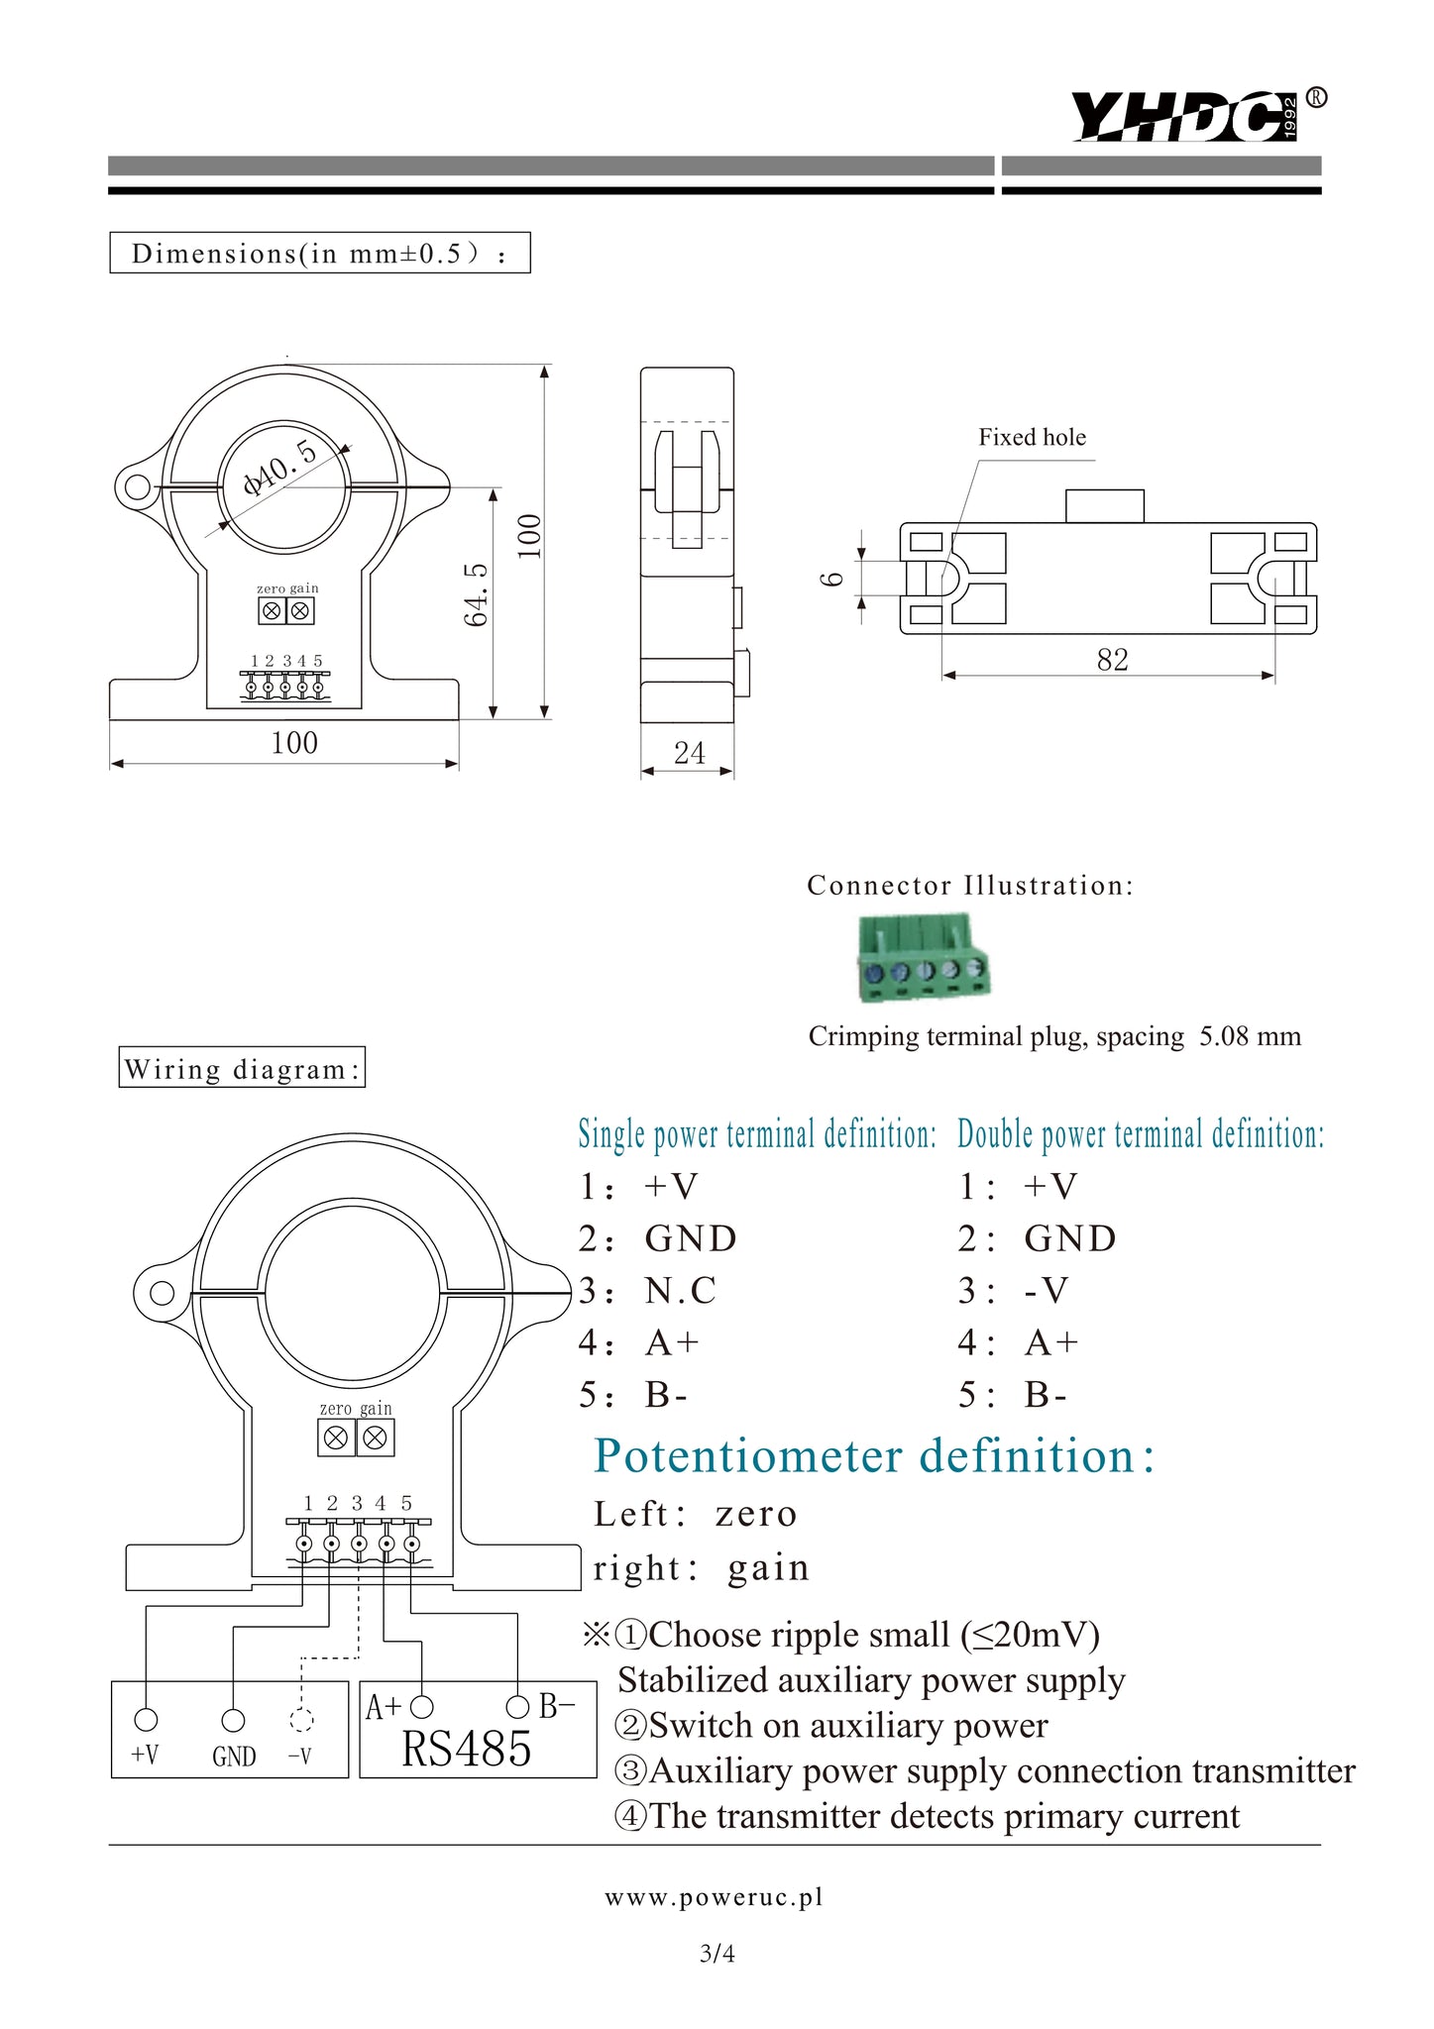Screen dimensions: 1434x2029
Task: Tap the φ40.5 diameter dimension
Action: (280, 468)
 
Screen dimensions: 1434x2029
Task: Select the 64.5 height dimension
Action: (477, 594)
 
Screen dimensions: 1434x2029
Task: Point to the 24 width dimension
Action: (689, 753)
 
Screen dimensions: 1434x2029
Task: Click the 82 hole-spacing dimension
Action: (1112, 660)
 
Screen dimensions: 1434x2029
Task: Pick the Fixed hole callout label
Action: (1032, 437)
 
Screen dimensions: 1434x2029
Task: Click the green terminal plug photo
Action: (923, 958)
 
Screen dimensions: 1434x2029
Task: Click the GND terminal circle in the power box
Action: (233, 1720)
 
